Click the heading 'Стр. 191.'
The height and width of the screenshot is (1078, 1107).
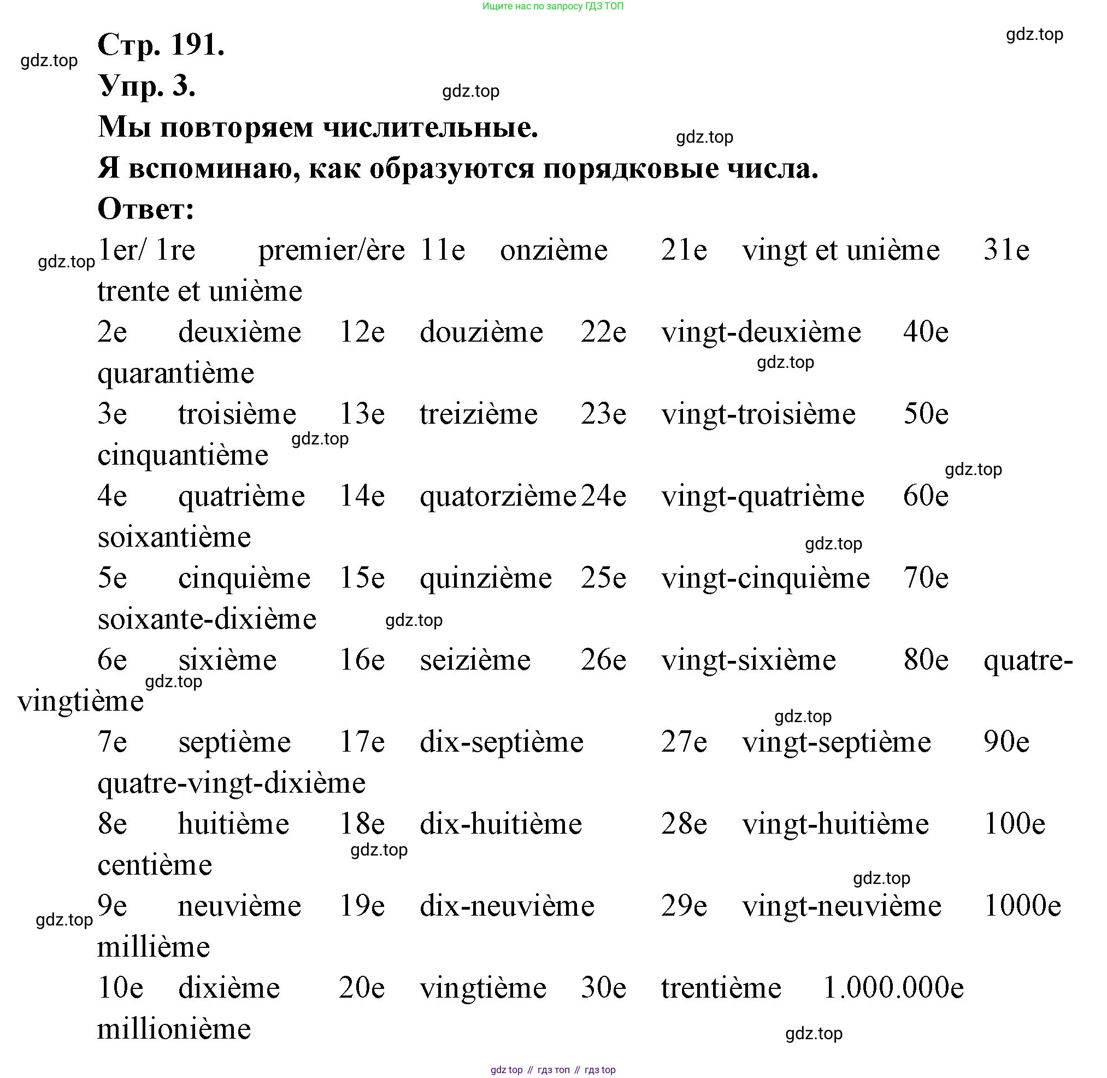point(161,45)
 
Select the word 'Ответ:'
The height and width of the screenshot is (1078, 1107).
point(146,209)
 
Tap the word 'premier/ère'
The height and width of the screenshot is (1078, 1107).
point(331,251)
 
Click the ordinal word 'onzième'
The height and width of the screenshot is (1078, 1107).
point(553,251)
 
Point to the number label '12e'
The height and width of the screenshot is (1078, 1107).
point(362,332)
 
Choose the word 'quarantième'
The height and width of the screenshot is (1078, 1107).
point(175,374)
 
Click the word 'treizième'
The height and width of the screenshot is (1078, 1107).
point(478,414)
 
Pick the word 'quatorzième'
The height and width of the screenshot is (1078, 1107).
point(497,496)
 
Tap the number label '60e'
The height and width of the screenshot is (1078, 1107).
point(926,496)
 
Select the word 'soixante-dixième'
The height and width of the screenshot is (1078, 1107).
point(207,619)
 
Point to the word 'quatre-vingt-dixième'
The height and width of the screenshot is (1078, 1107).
point(232,783)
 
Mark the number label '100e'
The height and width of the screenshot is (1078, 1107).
point(1014,824)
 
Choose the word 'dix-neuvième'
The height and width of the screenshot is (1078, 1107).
point(507,906)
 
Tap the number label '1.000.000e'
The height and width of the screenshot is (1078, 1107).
point(893,988)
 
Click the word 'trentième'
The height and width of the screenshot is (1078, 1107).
point(721,988)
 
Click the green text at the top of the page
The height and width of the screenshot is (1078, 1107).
point(553,6)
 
